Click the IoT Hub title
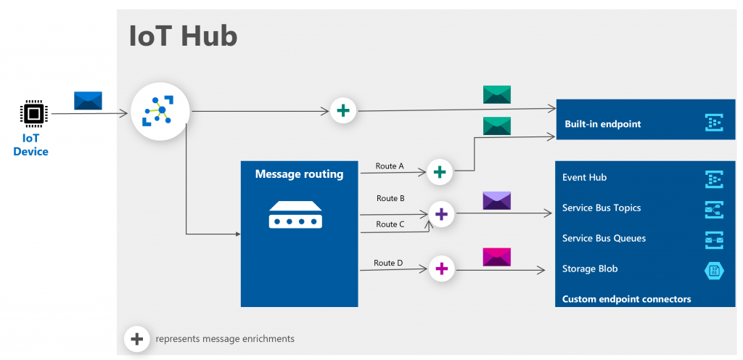[183, 36]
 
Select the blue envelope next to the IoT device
[88, 101]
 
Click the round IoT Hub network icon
[160, 111]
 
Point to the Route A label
[390, 166]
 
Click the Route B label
[390, 198]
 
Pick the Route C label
[390, 224]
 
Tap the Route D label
[388, 263]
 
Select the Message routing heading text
[299, 174]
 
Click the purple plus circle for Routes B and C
[440, 214]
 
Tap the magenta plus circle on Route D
[440, 269]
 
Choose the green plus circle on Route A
[439, 172]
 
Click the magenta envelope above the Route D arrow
[497, 257]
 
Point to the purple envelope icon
[497, 201]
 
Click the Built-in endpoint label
[602, 124]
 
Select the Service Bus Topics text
[601, 208]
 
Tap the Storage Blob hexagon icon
[714, 270]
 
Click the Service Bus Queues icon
[714, 240]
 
